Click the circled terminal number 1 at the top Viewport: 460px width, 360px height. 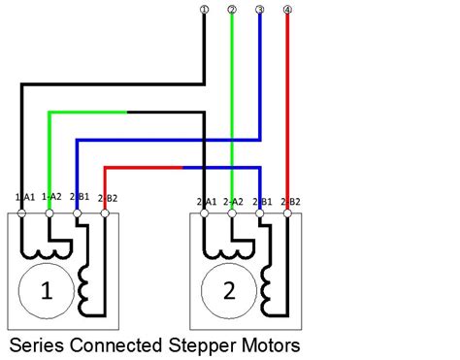(x=204, y=10)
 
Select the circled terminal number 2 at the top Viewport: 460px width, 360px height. (x=231, y=10)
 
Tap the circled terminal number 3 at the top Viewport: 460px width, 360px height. (x=259, y=10)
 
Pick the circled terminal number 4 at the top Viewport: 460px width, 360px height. (x=287, y=10)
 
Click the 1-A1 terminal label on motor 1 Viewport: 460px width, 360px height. (x=24, y=196)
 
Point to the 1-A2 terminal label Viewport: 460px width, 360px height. (x=52, y=196)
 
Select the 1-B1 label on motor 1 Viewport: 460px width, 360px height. (x=80, y=196)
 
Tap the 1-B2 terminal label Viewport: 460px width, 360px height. (x=107, y=196)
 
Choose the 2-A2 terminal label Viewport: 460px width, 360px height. (x=233, y=202)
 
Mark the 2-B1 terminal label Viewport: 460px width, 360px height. (x=260, y=202)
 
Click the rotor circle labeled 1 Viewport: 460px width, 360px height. (x=44, y=289)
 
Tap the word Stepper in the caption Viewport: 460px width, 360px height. (x=206, y=344)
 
